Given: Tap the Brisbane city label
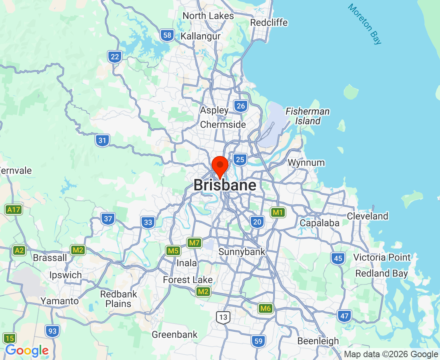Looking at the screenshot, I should tap(225, 186).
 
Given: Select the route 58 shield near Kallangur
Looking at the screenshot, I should tap(167, 35).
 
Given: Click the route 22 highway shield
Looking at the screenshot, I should tap(115, 57).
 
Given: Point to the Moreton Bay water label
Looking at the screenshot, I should tap(364, 24).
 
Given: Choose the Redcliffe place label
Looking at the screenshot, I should tap(269, 22).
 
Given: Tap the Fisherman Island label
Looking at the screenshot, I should tap(308, 116).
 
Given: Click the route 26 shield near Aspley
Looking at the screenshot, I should tap(241, 106).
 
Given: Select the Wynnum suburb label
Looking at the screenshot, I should tap(306, 163).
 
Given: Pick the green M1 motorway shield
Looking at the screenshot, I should tap(278, 212).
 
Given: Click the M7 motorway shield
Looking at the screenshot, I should tap(194, 242).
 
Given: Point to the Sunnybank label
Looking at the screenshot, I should tap(242, 252).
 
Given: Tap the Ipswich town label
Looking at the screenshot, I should tap(65, 275).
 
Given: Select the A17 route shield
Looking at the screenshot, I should tap(13, 209).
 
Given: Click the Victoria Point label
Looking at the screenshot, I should tap(382, 257).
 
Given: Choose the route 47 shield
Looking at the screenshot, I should tap(344, 316).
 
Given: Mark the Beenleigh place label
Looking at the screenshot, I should tap(318, 341).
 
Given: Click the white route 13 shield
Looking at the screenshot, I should tap(223, 318).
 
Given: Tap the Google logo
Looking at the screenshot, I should tap(27, 351).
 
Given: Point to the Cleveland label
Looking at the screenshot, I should tap(368, 216).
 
